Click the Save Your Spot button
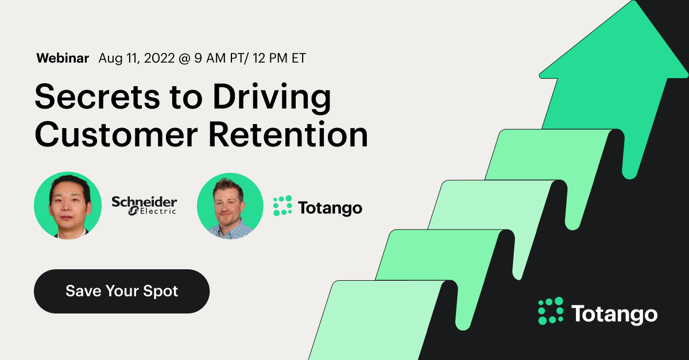[x=122, y=291]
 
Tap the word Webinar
[x=63, y=58]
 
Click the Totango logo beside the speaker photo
[x=317, y=207]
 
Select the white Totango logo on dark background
[x=597, y=313]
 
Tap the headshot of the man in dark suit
[x=68, y=206]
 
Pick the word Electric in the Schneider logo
[x=157, y=211]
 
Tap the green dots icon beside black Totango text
[x=282, y=206]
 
